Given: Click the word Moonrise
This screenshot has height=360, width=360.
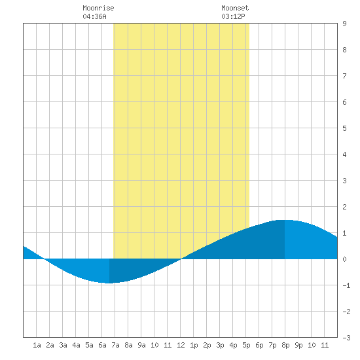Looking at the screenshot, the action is [x=98, y=8].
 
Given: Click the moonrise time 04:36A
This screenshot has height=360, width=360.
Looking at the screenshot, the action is [x=94, y=16].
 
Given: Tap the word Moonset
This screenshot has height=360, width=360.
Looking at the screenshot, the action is [x=235, y=8].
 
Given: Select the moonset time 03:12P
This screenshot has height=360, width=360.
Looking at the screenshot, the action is [x=233, y=16].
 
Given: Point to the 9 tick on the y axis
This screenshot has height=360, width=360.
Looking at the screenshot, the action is [x=344, y=24].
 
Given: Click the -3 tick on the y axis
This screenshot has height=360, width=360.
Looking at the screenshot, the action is [x=346, y=338].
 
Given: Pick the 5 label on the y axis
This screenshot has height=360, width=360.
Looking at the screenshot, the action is [x=344, y=128].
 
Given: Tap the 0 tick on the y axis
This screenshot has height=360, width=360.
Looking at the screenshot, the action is [x=344, y=259].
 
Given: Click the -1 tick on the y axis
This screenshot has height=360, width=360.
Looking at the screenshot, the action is [x=346, y=285].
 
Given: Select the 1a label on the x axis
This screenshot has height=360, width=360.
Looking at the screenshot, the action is [x=37, y=345].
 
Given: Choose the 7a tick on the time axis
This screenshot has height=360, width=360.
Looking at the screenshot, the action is [x=115, y=345].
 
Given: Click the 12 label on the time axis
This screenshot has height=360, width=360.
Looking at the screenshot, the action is [x=181, y=345].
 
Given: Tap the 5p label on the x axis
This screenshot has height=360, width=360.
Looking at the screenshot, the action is [x=246, y=345].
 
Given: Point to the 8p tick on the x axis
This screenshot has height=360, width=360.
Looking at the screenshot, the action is [x=285, y=345].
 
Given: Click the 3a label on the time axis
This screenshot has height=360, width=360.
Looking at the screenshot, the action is [x=63, y=345].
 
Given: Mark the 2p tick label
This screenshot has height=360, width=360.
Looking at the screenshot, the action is [x=207, y=345].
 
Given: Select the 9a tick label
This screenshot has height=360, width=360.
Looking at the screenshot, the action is [x=141, y=345].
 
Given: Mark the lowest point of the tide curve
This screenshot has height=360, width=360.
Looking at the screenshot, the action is [x=109, y=283].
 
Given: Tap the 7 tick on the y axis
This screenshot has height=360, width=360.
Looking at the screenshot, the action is [x=344, y=76].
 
